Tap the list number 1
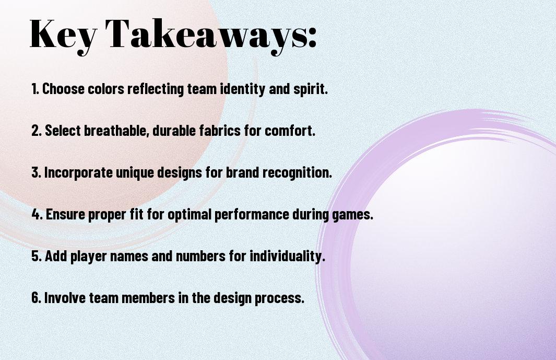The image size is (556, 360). (34, 89)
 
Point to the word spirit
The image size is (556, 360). (310, 89)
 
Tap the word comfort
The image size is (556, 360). (290, 130)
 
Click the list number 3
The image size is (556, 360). (36, 172)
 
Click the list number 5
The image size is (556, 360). (36, 256)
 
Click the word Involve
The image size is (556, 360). (65, 297)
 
